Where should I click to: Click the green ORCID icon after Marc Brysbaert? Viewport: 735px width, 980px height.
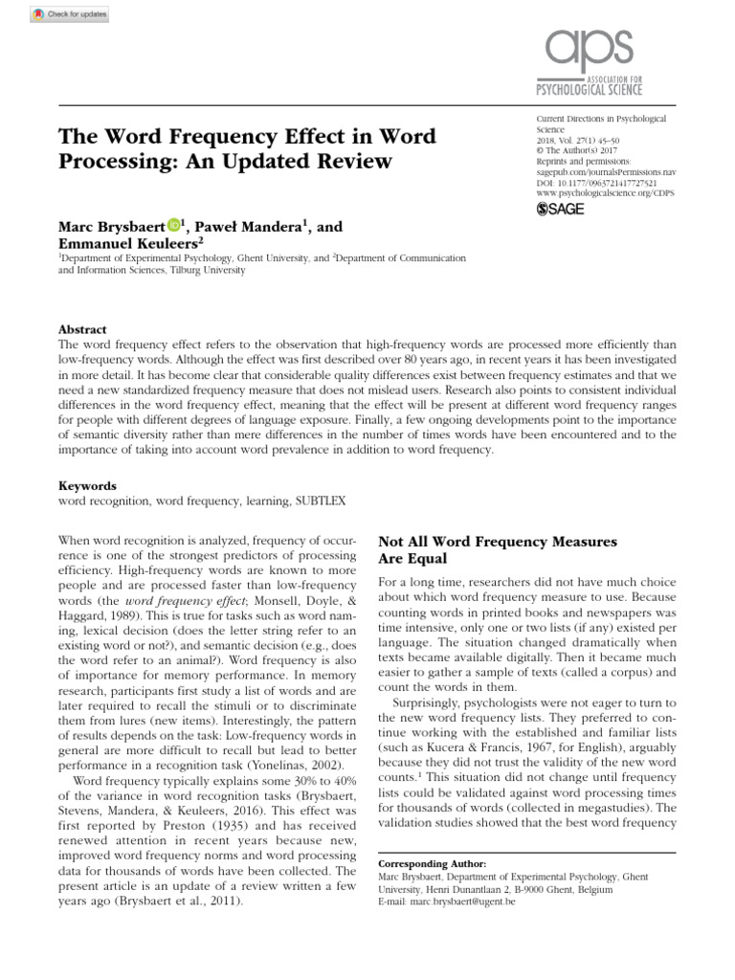coord(173,225)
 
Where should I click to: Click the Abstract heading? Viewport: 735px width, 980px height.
coord(82,329)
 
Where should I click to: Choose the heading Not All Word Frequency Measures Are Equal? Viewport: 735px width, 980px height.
coord(498,549)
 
